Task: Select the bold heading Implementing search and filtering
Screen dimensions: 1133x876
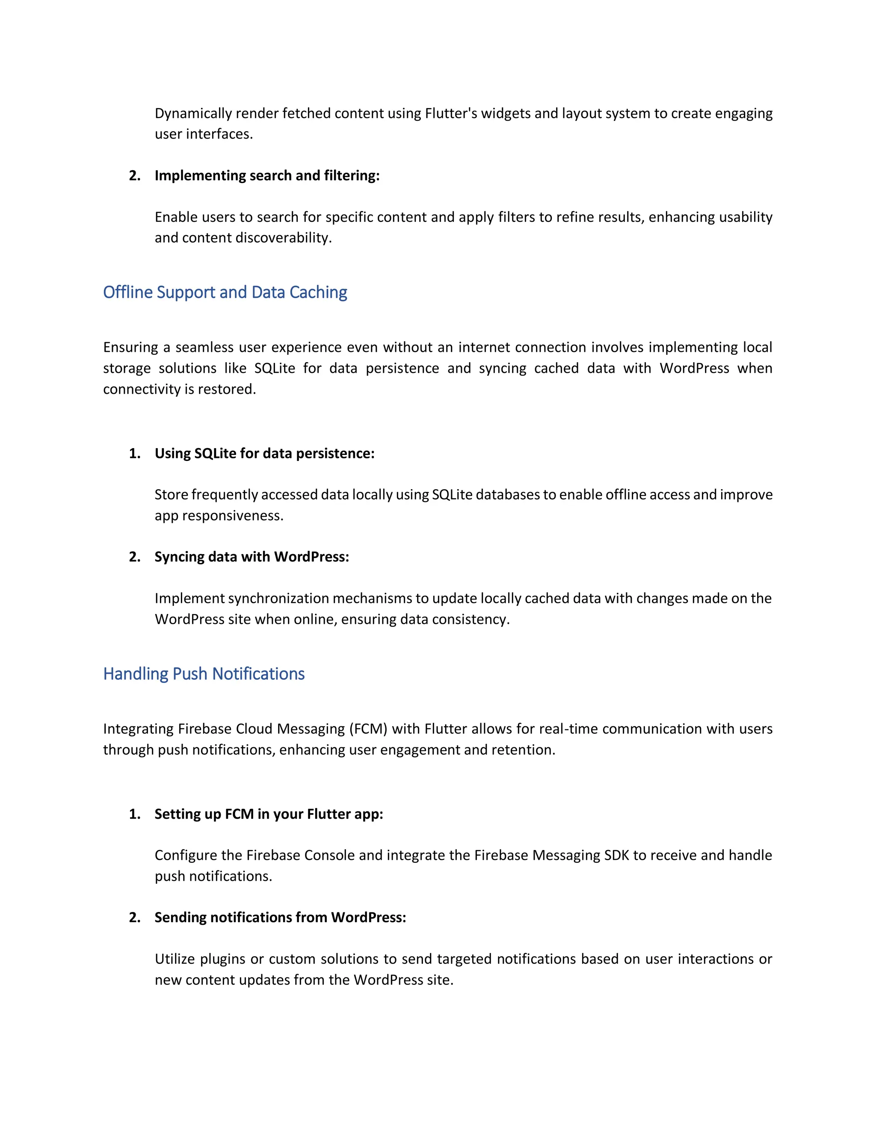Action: coord(267,176)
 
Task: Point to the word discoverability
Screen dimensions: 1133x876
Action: coord(283,238)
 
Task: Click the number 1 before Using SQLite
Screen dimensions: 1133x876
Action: coord(134,454)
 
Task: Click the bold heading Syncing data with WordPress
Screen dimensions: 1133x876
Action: coord(252,557)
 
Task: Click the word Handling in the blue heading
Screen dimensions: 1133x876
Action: coord(136,674)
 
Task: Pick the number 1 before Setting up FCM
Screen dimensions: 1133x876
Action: coord(134,814)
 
